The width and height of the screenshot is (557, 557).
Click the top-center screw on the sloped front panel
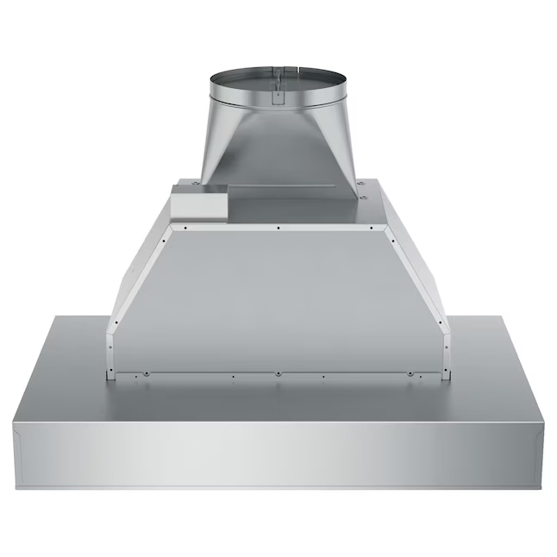[278, 228]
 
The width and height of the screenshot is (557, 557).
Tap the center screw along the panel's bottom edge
[278, 374]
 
